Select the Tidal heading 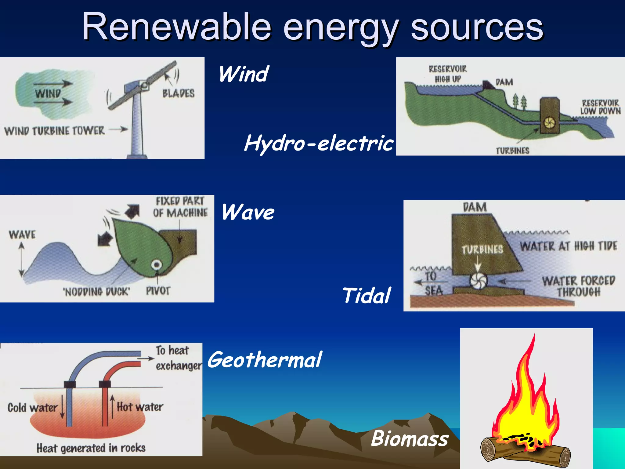[366, 296]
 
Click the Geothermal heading [264, 360]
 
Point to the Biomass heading [410, 438]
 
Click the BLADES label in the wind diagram [178, 93]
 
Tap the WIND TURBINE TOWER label [54, 131]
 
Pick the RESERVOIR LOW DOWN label [600, 107]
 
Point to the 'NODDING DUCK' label [96, 292]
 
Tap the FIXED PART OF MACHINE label [180, 207]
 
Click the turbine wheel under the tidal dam [478, 280]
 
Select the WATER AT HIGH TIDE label [568, 246]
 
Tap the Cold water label [32, 408]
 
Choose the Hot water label [140, 407]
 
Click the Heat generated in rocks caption [91, 448]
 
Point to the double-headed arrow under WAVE [21, 260]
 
